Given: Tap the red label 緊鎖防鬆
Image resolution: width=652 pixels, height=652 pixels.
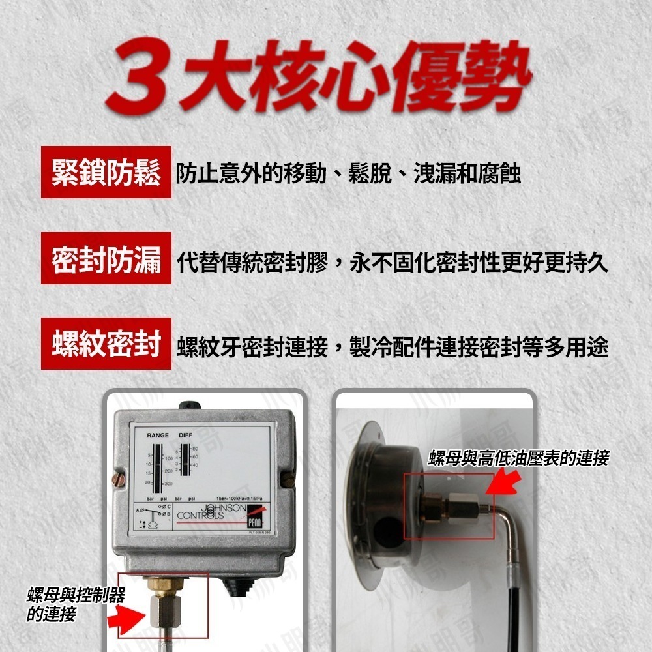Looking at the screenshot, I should tap(106, 173).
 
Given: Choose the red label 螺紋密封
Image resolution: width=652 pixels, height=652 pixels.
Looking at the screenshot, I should tap(106, 345).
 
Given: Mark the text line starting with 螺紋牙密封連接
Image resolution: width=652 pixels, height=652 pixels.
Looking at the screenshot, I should tap(392, 348).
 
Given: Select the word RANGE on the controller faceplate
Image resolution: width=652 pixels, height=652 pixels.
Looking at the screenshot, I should tap(157, 435).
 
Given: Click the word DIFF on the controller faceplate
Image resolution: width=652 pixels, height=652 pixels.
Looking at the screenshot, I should tap(185, 435).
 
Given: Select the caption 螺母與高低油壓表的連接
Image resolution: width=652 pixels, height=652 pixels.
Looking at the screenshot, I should tap(518, 458).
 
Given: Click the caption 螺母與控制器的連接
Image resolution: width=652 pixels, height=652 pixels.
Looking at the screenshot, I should tap(75, 604).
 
